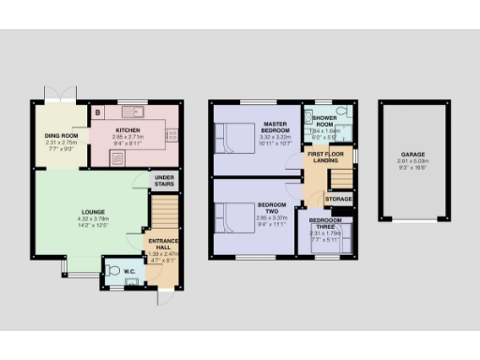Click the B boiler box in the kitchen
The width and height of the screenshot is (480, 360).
pos(98,113)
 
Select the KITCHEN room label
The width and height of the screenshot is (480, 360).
pos(127,129)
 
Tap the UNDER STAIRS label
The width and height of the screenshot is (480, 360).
pos(166,181)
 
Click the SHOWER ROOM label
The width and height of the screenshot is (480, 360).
pos(324,121)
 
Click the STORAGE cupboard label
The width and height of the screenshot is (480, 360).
pos(338,199)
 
